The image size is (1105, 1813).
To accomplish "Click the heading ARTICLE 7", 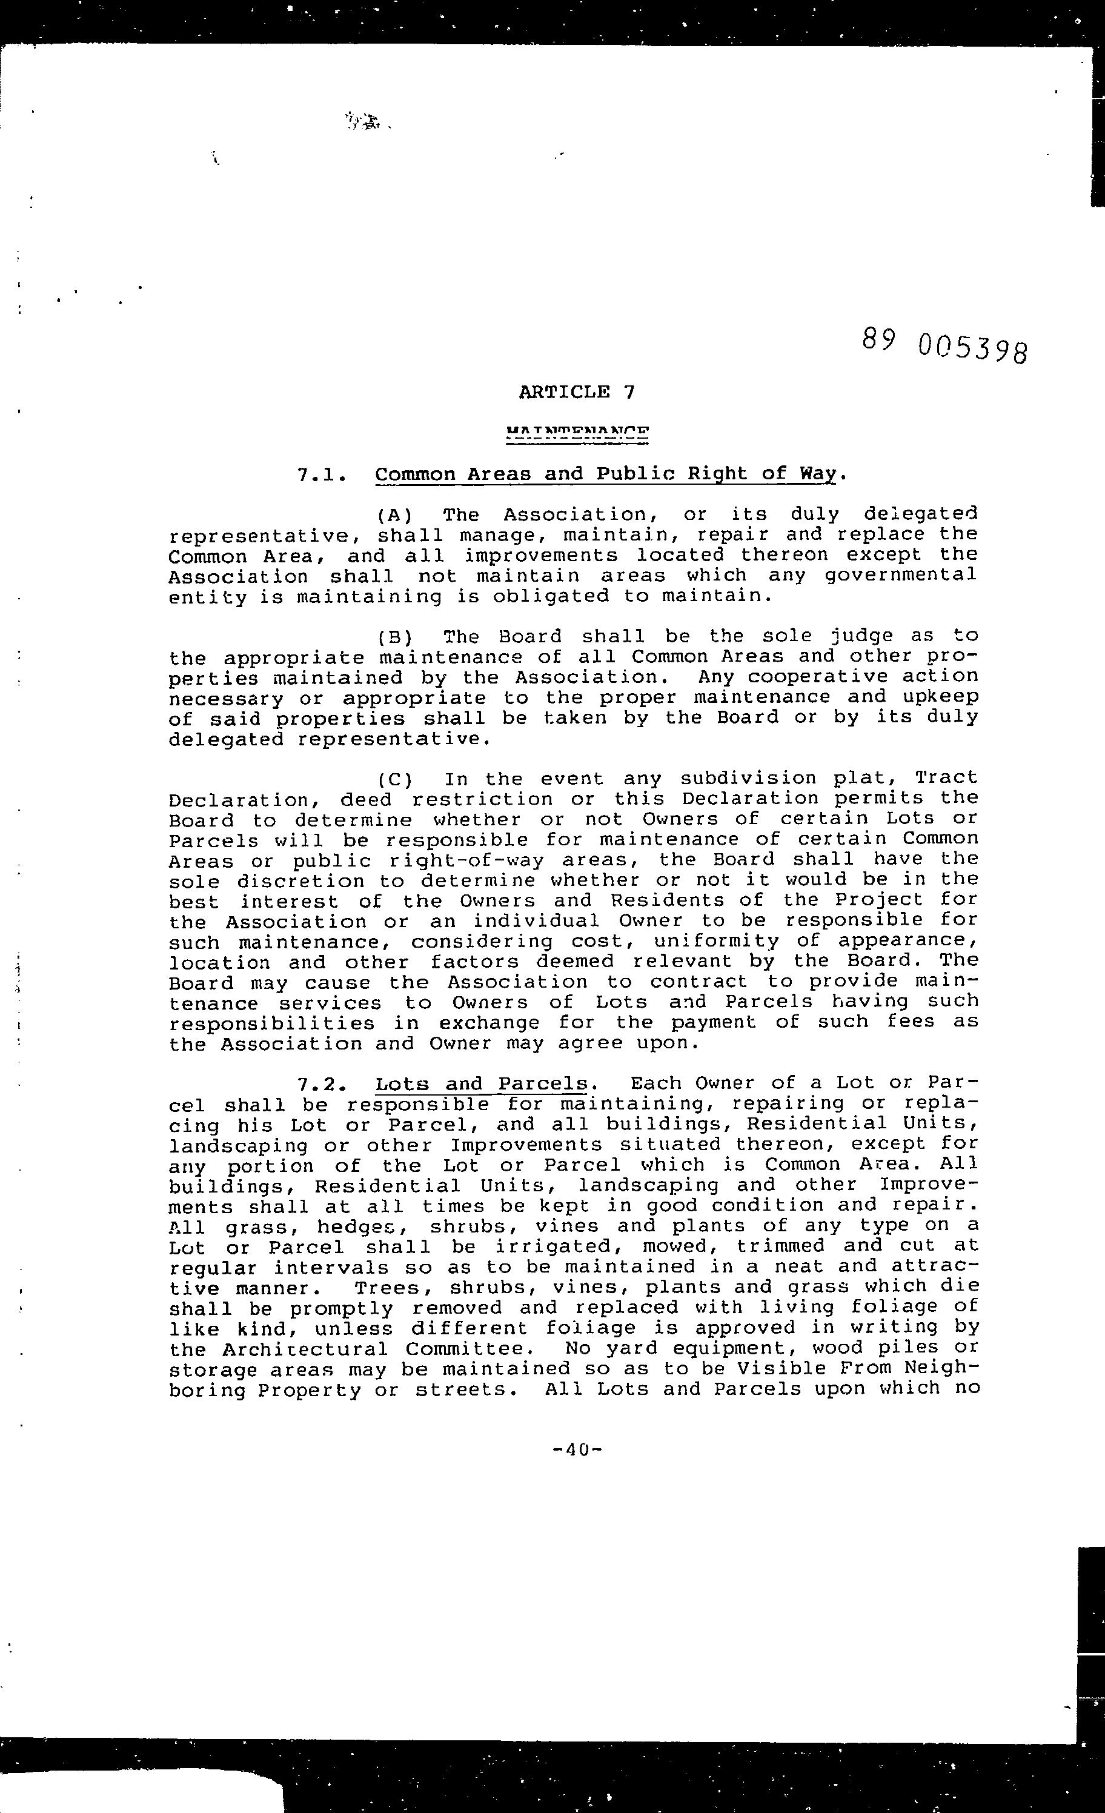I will tap(576, 391).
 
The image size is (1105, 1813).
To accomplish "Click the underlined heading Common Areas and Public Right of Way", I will tap(605, 474).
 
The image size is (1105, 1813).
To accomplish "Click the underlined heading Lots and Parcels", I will tap(482, 1085).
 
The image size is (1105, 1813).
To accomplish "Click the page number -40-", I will tap(577, 1449).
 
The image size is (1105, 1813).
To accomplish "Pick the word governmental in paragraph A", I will tap(901, 576).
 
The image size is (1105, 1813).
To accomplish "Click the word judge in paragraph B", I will tap(862, 636).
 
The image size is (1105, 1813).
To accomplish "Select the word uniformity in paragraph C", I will tap(716, 941).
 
